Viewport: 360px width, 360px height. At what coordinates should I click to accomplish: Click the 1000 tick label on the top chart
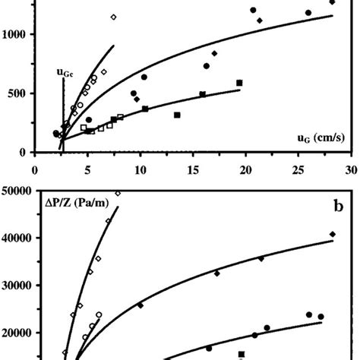[x=15, y=35]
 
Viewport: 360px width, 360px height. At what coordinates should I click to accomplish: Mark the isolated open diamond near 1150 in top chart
[x=114, y=17]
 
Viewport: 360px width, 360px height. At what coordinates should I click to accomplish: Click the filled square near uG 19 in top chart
[x=239, y=83]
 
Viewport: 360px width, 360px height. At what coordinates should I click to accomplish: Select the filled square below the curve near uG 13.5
[x=177, y=115]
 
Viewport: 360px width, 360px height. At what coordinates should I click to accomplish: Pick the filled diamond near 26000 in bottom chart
[x=140, y=305]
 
